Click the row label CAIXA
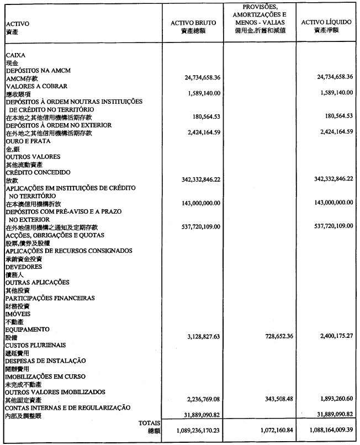[16, 56]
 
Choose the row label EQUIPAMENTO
[28, 329]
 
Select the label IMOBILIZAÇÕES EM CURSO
[45, 377]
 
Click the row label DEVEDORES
[24, 267]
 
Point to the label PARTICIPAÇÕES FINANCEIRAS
[50, 298]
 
